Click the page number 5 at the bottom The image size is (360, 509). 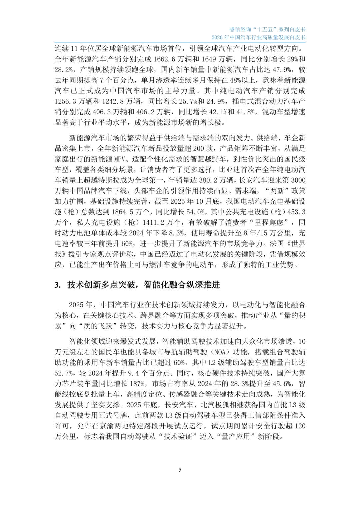click(x=180, y=470)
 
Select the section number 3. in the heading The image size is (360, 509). click(x=58, y=285)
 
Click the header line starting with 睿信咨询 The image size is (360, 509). click(x=267, y=29)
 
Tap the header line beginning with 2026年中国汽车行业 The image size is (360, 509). click(x=258, y=37)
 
